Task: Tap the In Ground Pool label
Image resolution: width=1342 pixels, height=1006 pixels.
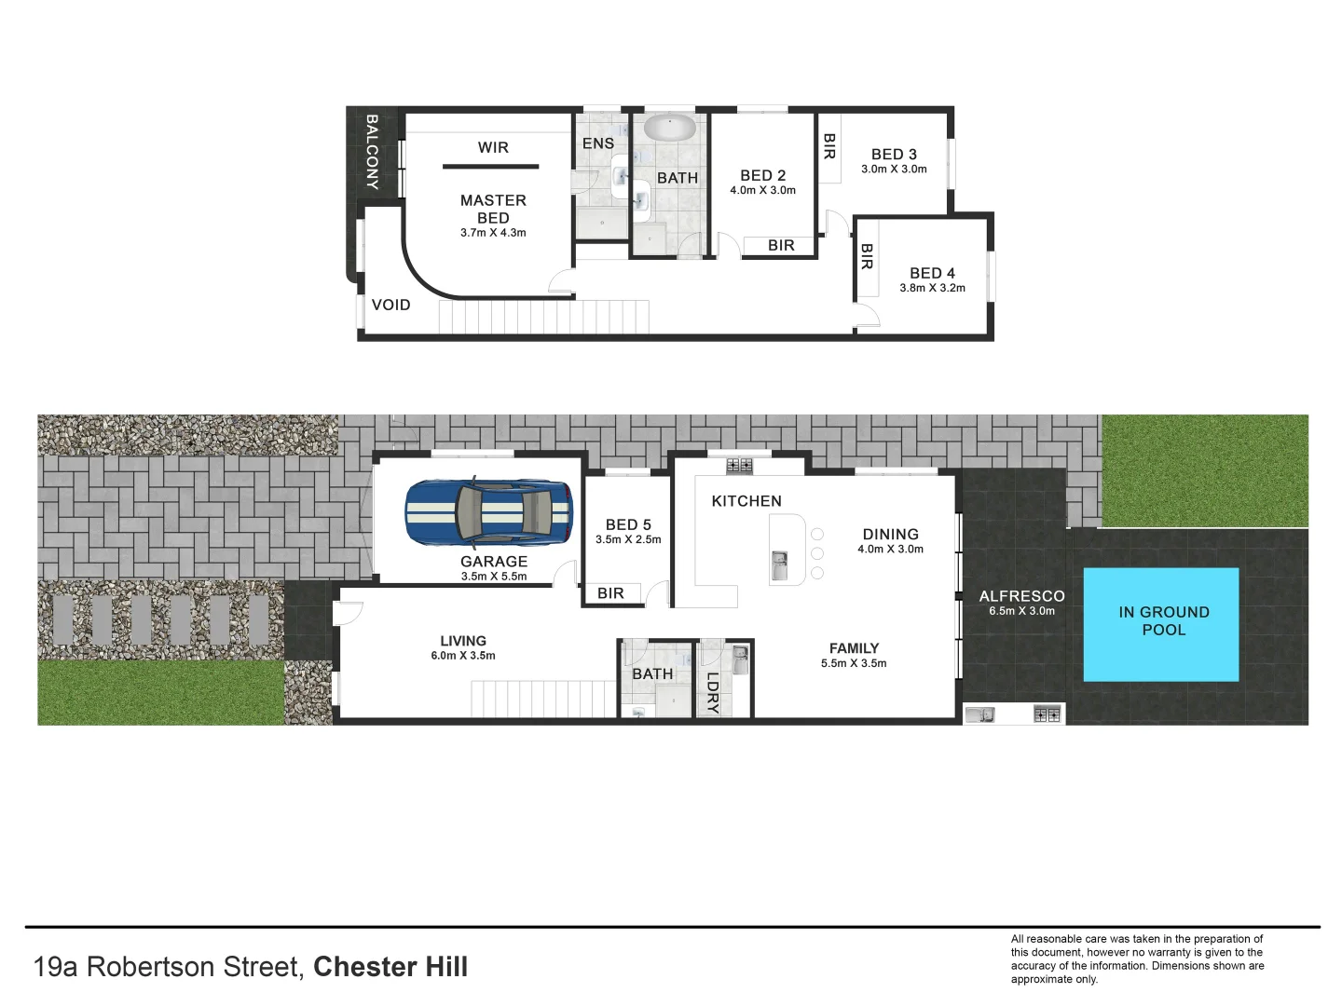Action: (x=1163, y=620)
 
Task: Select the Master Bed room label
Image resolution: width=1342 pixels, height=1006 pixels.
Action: (x=493, y=209)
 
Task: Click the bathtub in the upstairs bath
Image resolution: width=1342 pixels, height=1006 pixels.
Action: (x=668, y=128)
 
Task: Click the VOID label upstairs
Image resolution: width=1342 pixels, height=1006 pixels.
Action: (x=390, y=305)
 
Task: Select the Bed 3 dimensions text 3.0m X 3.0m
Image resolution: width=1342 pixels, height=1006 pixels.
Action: (x=894, y=170)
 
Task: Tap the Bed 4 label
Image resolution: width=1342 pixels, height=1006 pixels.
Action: (x=932, y=273)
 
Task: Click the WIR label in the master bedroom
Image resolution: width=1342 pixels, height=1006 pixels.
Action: (x=493, y=147)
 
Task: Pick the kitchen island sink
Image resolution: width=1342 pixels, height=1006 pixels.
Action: (x=779, y=561)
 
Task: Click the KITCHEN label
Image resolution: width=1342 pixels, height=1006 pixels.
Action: (x=746, y=501)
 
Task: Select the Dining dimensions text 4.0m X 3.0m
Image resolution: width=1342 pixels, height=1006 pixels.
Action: (x=890, y=550)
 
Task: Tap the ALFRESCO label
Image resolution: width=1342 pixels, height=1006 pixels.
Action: (x=1021, y=596)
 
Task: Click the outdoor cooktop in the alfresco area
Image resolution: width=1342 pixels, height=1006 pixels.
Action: (x=1047, y=714)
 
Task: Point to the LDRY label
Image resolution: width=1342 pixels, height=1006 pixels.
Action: (x=713, y=692)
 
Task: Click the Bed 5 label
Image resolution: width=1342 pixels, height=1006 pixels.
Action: (x=628, y=524)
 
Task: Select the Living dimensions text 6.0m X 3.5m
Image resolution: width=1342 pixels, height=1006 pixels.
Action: (x=463, y=656)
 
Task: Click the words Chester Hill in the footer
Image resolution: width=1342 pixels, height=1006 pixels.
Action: (x=390, y=967)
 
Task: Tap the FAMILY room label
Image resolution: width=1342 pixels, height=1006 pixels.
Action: (x=854, y=648)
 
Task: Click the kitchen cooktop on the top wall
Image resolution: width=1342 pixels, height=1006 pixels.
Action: (x=739, y=465)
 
